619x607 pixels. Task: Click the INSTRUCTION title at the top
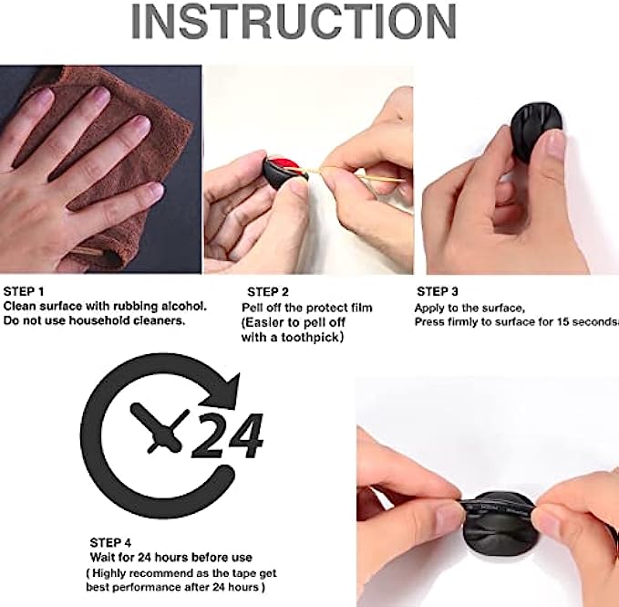click(x=294, y=21)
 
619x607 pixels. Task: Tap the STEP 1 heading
click(x=24, y=292)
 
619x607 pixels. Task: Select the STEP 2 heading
click(x=268, y=292)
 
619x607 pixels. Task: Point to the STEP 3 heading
click(x=438, y=292)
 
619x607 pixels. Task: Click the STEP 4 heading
click(x=110, y=542)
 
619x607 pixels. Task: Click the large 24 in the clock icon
click(x=228, y=436)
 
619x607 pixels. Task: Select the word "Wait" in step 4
click(x=100, y=558)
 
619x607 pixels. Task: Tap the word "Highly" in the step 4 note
click(x=109, y=573)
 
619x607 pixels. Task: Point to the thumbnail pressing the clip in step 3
click(x=554, y=145)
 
